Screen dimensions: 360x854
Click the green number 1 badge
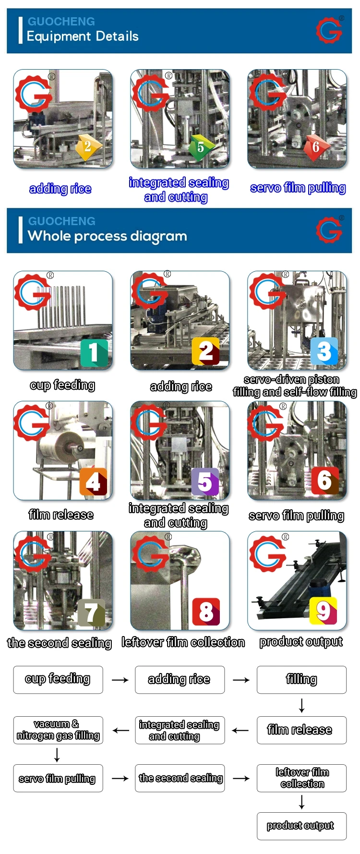tap(94, 353)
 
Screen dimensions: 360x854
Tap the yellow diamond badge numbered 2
tap(88, 147)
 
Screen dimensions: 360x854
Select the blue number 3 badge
tap(324, 352)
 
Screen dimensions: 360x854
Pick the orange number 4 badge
tap(93, 481)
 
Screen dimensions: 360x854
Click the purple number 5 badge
tap(205, 482)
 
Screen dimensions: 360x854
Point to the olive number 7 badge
tap(91, 613)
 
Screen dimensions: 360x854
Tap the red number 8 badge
tap(206, 612)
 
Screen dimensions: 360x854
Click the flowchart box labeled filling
tap(301, 680)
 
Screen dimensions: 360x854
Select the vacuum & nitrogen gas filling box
tap(58, 730)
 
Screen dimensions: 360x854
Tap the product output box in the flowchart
tap(301, 826)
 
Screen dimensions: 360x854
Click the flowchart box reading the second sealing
tap(180, 778)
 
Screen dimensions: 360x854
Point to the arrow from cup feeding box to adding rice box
tap(120, 680)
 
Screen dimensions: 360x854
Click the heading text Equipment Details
tap(83, 36)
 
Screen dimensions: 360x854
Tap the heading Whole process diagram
tap(108, 236)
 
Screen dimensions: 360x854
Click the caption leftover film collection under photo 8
tap(183, 642)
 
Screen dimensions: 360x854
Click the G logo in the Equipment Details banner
tap(329, 30)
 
